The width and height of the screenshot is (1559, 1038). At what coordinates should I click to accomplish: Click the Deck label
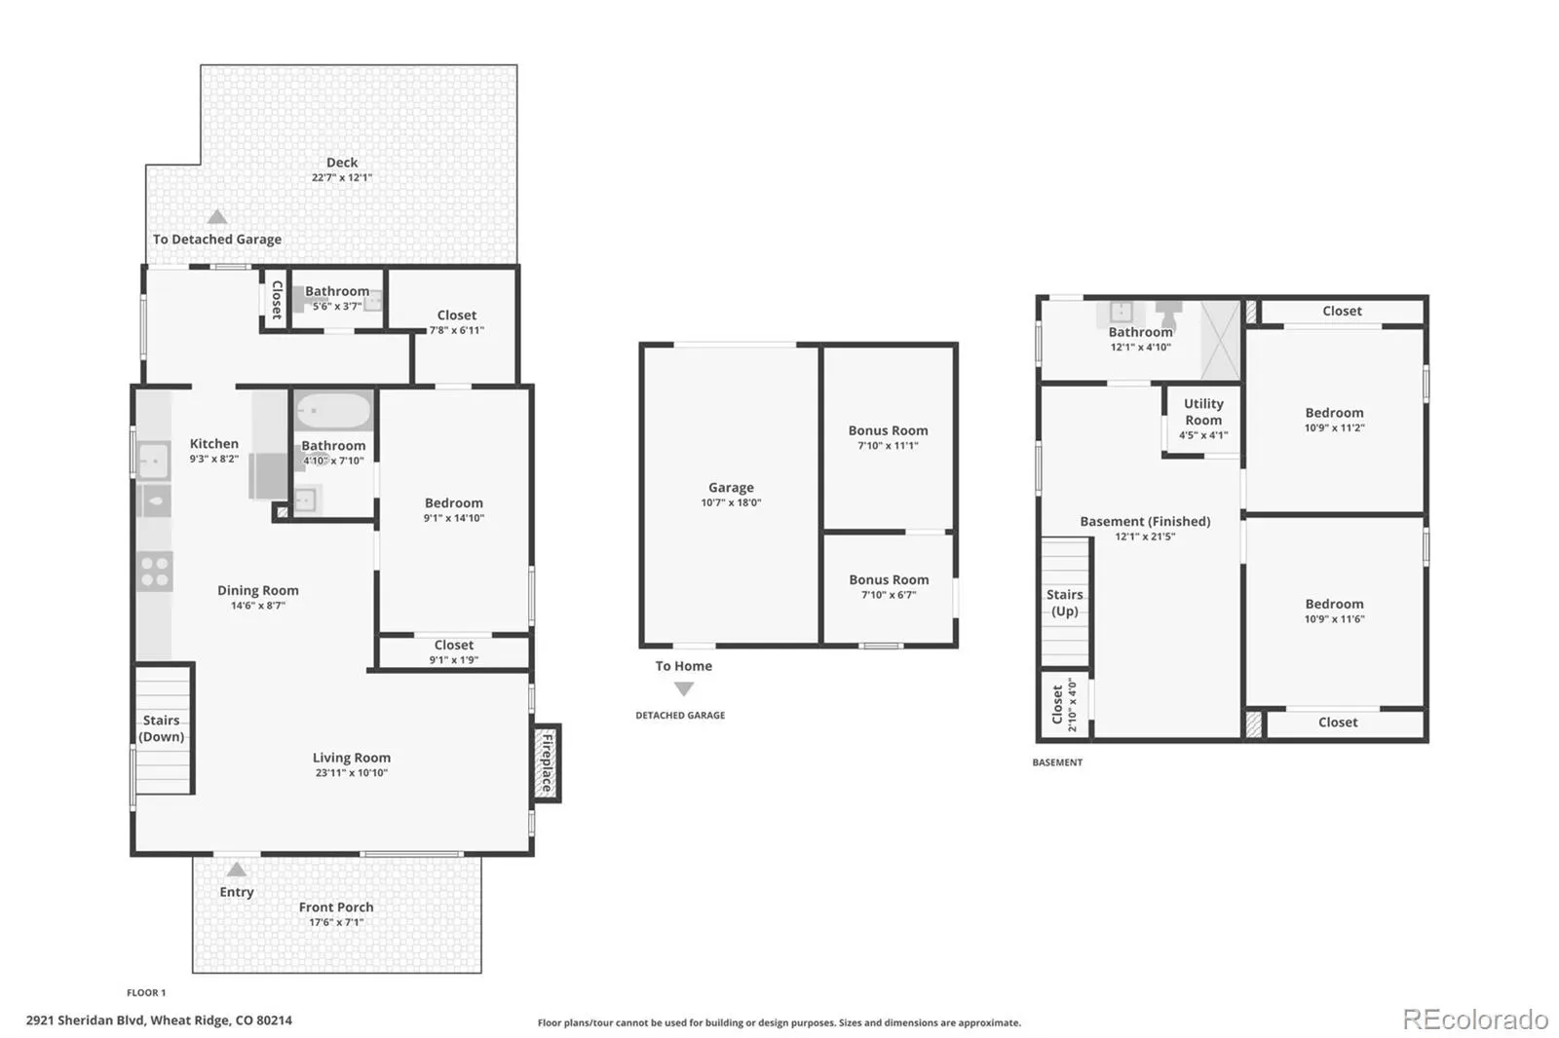[342, 162]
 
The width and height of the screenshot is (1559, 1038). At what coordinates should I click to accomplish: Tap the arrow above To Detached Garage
[217, 217]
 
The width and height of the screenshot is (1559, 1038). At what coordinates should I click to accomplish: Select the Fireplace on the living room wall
[547, 763]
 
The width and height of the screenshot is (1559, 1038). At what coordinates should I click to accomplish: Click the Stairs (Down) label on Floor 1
[162, 728]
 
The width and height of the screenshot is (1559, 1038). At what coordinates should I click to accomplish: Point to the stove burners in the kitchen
[155, 572]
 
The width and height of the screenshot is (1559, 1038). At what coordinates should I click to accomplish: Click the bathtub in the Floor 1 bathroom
[332, 411]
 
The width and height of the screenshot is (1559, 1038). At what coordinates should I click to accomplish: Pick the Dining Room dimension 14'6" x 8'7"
[258, 606]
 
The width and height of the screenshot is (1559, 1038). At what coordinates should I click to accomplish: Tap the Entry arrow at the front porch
[237, 870]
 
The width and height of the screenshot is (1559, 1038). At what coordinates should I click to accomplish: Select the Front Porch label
[336, 908]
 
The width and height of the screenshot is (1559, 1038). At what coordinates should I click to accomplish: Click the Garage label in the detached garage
[731, 488]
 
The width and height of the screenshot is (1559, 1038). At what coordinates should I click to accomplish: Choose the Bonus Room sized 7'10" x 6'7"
[889, 586]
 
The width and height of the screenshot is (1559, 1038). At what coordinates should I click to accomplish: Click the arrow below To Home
[684, 688]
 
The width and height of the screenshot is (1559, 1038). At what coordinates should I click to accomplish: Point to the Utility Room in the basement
[1203, 419]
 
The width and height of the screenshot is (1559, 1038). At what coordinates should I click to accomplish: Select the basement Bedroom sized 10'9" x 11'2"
[1334, 420]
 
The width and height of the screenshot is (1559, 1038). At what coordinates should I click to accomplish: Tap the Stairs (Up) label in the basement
[1065, 603]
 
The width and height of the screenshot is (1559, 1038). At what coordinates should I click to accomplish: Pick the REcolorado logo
[1475, 1019]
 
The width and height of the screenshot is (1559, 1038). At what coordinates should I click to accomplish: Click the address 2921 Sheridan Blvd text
[86, 1020]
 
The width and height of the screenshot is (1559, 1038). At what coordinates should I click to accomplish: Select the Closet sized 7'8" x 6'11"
[457, 322]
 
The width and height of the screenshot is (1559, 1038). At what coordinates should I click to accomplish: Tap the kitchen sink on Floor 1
[153, 461]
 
